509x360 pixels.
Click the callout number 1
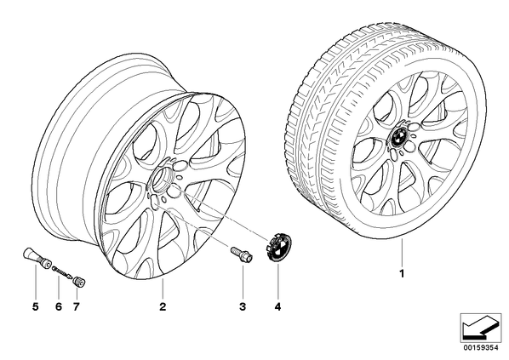click(402, 274)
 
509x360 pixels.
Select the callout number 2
click(163, 306)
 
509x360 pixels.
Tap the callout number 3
click(243, 306)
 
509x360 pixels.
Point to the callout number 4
click(277, 306)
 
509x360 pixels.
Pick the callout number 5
click(36, 306)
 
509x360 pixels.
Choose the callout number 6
click(59, 306)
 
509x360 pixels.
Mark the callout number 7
click(76, 306)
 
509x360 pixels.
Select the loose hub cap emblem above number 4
click(278, 247)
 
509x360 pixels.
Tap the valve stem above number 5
click(37, 258)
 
